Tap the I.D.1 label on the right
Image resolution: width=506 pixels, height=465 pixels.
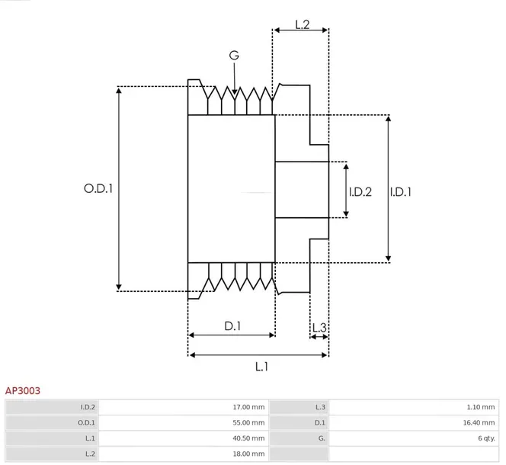click(401, 192)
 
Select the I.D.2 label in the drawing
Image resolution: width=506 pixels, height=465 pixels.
click(360, 192)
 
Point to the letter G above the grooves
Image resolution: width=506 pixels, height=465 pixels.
click(233, 56)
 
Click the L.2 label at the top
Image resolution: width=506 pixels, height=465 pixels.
click(301, 25)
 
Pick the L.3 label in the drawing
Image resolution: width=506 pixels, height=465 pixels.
click(320, 329)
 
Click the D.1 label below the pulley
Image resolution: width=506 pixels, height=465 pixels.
click(232, 326)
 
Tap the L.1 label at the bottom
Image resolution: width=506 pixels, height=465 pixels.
click(261, 367)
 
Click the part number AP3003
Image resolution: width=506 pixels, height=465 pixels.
click(23, 390)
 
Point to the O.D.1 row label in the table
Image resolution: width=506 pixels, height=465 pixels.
click(87, 422)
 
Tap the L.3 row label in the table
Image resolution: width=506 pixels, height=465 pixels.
click(321, 407)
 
